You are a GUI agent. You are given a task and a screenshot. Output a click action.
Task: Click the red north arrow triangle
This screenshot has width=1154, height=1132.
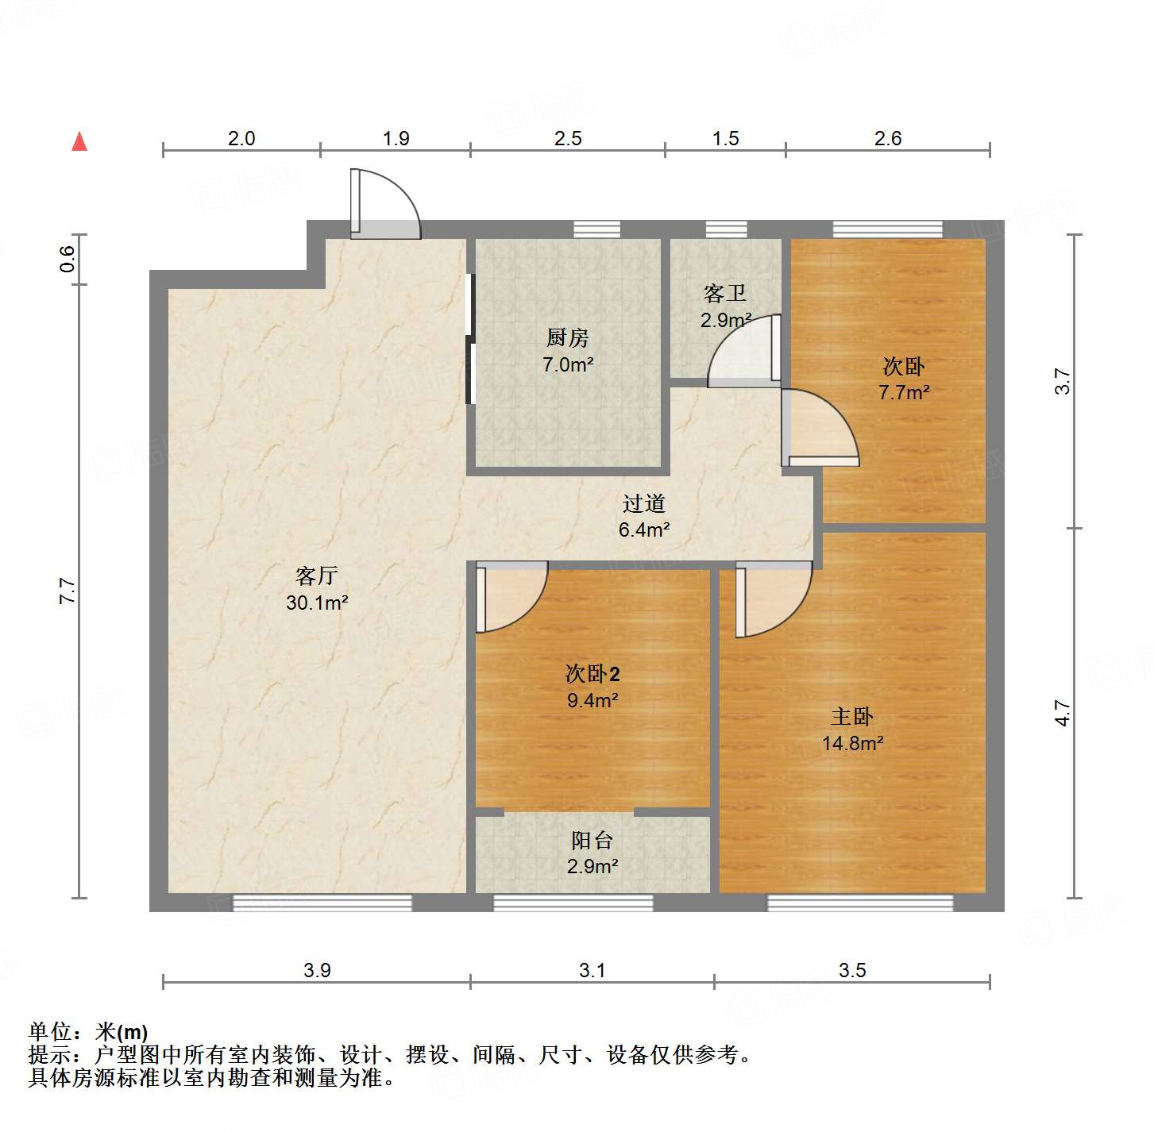pyautogui.click(x=79, y=141)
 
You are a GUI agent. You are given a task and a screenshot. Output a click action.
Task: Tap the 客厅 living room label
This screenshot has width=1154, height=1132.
pyautogui.click(x=317, y=576)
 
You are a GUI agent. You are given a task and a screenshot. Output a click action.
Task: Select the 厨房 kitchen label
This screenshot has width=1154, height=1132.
pyautogui.click(x=568, y=338)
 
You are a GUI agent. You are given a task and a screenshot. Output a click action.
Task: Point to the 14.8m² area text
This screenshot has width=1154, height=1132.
pyautogui.click(x=853, y=743)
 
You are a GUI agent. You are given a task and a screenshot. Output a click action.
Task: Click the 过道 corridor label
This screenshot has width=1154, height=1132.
pyautogui.click(x=643, y=504)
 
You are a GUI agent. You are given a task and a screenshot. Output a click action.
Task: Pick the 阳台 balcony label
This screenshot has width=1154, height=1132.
pyautogui.click(x=592, y=841)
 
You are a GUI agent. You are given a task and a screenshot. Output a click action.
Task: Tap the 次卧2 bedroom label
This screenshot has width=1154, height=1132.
pyautogui.click(x=592, y=674)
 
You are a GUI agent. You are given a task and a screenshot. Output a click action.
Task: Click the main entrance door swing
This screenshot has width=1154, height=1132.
pyautogui.click(x=384, y=205)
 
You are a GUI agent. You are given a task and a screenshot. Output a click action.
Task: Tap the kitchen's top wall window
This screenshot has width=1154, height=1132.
pyautogui.click(x=596, y=229)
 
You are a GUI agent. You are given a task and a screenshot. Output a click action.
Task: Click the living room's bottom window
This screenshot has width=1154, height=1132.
pyautogui.click(x=322, y=903)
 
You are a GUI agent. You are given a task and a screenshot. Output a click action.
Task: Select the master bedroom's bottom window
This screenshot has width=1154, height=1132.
pyautogui.click(x=860, y=903)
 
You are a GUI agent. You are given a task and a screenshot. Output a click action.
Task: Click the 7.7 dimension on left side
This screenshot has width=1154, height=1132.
pyautogui.click(x=68, y=591)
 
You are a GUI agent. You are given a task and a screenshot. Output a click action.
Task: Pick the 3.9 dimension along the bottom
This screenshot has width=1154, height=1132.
pyautogui.click(x=317, y=970)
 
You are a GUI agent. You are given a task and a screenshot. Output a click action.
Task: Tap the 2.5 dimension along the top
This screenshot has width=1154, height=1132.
pyautogui.click(x=568, y=139)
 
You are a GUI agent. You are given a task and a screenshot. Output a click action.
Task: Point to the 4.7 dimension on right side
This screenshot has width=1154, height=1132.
pyautogui.click(x=1063, y=712)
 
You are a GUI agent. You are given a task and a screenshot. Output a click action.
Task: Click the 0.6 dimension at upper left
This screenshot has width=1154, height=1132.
pyautogui.click(x=68, y=259)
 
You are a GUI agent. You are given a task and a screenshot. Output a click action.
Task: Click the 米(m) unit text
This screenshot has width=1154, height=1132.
pyautogui.click(x=122, y=1032)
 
